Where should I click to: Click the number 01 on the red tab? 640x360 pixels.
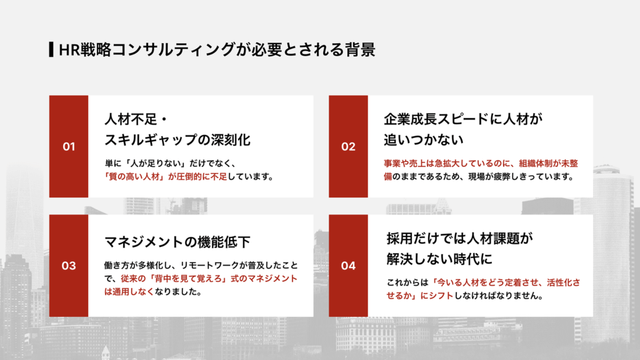(x=69, y=147)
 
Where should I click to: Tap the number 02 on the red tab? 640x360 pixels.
(x=348, y=147)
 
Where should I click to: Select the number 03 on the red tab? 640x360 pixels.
(x=69, y=266)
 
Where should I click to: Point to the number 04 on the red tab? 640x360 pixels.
(x=348, y=266)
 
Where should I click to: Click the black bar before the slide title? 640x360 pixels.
(x=50, y=50)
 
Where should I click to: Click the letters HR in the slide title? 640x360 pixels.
(x=67, y=50)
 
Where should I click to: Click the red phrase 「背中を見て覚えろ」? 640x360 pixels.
(x=187, y=277)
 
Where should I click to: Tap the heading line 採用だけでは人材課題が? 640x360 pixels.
(x=459, y=238)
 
